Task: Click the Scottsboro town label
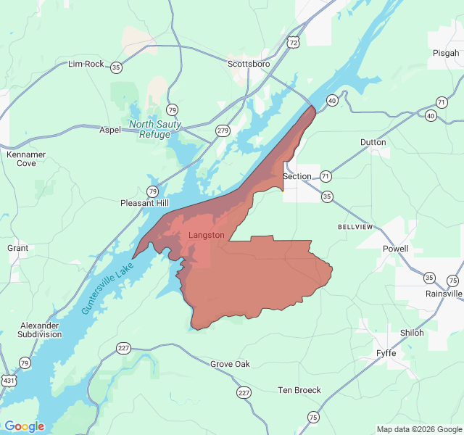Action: [x=249, y=64]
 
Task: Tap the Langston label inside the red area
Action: [x=207, y=236]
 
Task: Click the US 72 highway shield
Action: [x=293, y=43]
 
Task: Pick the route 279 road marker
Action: [x=223, y=130]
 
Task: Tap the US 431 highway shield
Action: [x=8, y=380]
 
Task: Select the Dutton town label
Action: [x=373, y=142]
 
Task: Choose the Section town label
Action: [x=297, y=176]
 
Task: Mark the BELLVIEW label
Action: [x=355, y=227]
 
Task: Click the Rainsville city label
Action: [x=444, y=294]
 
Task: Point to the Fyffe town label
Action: [x=386, y=353]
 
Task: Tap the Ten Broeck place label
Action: [x=299, y=390]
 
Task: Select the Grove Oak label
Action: [x=230, y=364]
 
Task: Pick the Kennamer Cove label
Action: [x=26, y=159]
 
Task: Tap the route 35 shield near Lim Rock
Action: [x=117, y=67]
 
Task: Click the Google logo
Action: [x=25, y=426]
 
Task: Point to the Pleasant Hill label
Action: [x=144, y=204]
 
